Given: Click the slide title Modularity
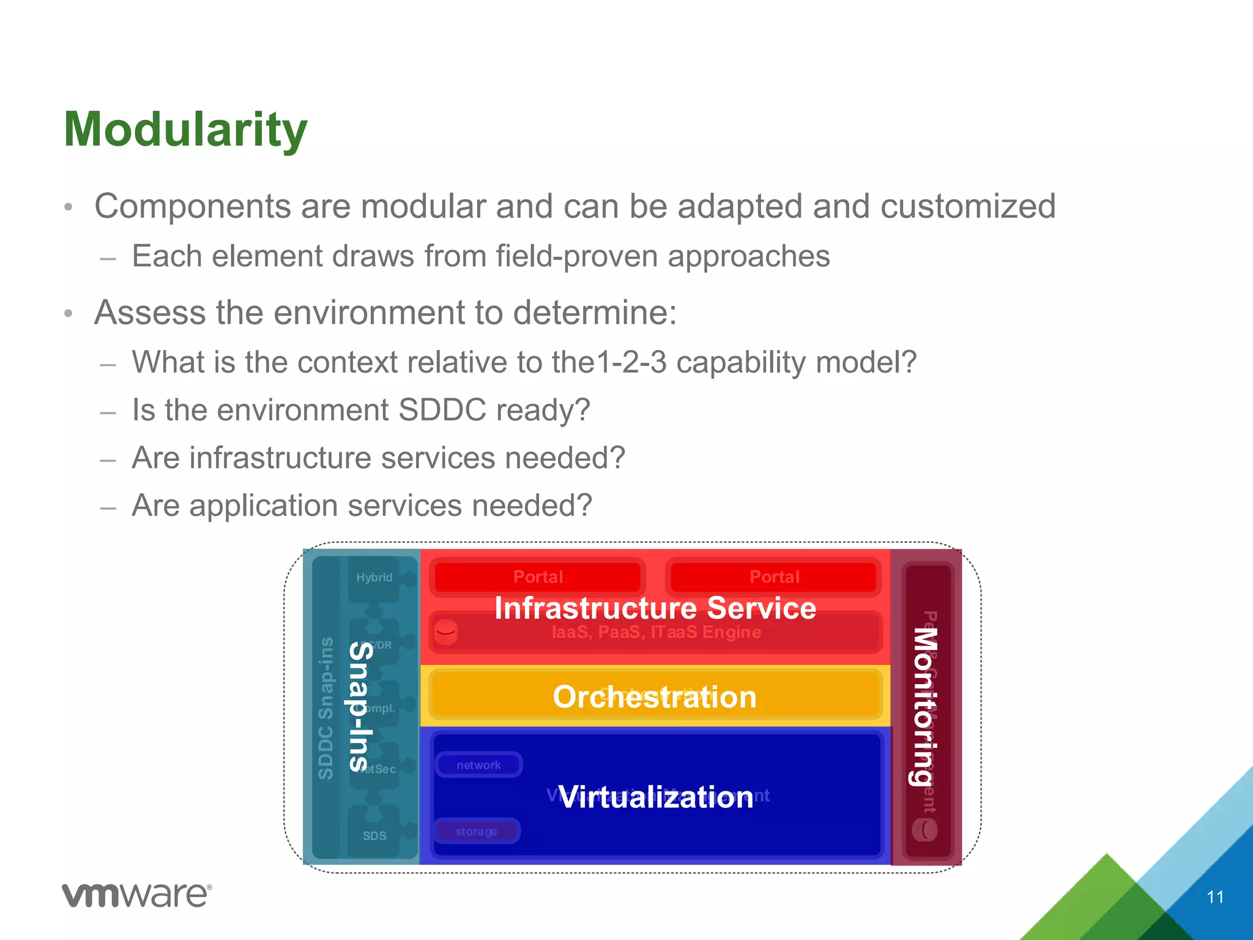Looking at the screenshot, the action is (x=185, y=130).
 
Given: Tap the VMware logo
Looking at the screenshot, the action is (x=137, y=895).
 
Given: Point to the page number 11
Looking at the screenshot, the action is (x=1215, y=897).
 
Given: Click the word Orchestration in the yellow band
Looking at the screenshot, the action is (x=655, y=697).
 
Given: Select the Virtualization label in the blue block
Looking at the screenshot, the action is (x=656, y=797).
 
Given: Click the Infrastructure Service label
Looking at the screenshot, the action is (x=655, y=608).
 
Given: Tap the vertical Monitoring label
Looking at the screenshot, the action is (x=925, y=706).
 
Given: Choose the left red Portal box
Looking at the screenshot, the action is (x=538, y=576).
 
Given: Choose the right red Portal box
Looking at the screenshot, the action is (x=774, y=576).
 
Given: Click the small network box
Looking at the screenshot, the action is (x=478, y=765).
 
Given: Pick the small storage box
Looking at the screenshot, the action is (x=476, y=831).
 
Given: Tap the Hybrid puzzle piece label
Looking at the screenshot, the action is (x=374, y=577).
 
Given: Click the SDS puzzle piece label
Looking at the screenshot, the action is (x=374, y=836).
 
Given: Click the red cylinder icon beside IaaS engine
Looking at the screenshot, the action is (x=446, y=632).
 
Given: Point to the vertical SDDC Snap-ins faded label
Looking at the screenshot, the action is (x=326, y=707).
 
